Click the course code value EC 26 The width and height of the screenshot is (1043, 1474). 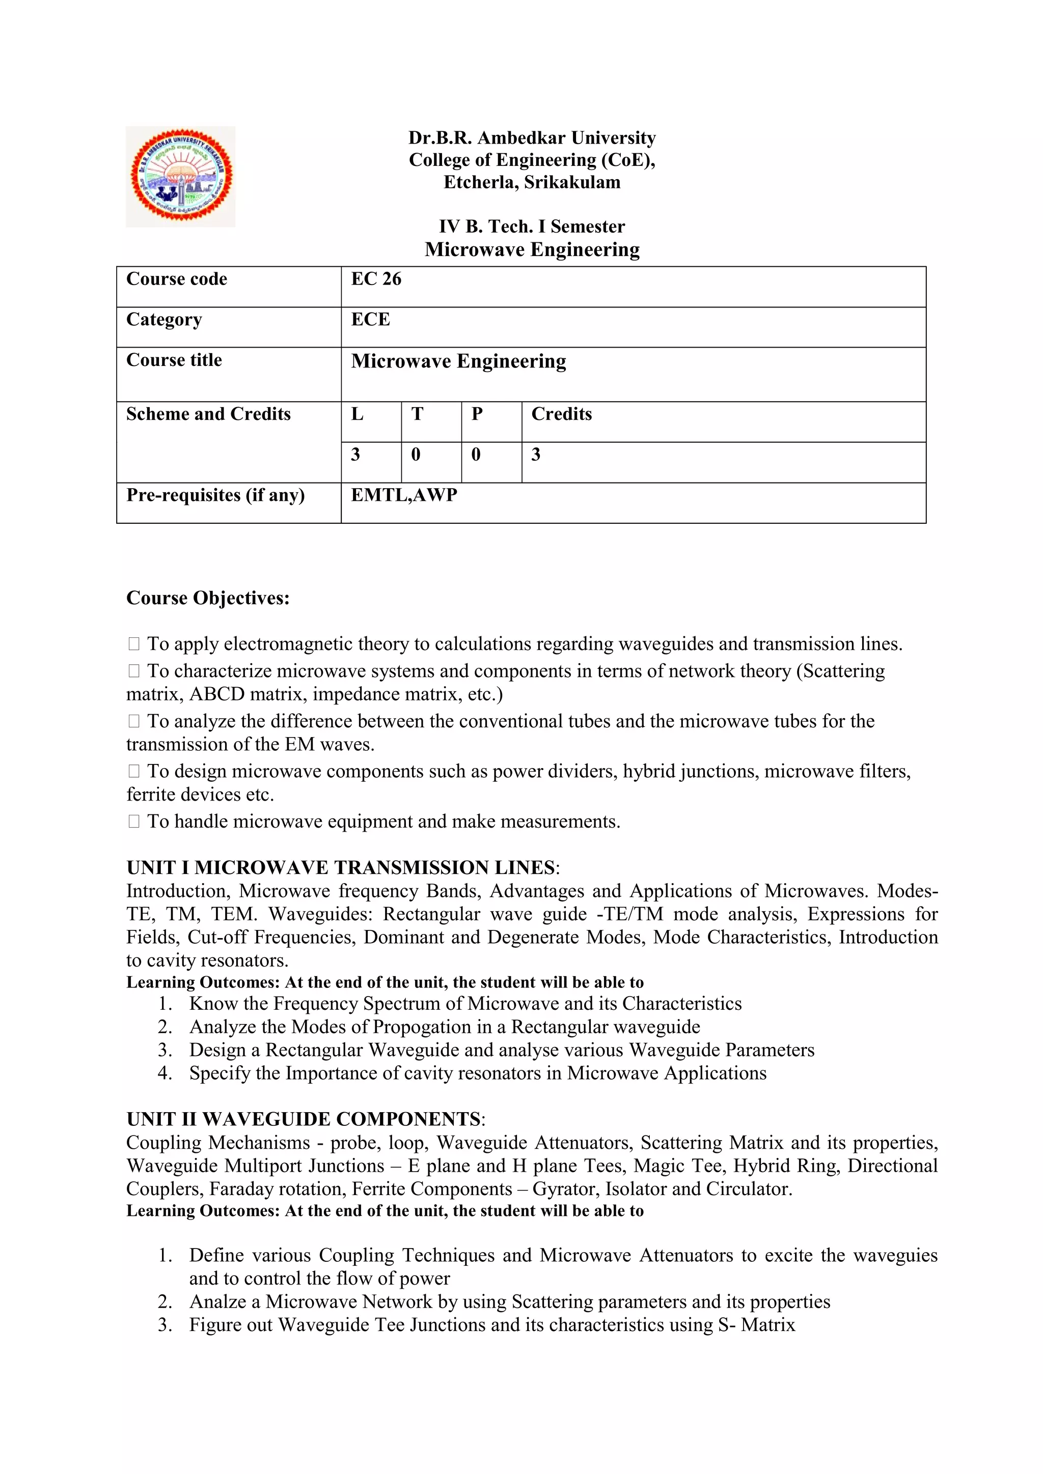click(376, 279)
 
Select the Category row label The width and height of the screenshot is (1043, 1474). click(164, 320)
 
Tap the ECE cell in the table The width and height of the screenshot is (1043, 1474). click(371, 320)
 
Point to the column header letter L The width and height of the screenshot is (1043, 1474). click(357, 414)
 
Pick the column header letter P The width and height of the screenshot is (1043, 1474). click(477, 414)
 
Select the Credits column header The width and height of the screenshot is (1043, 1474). click(561, 414)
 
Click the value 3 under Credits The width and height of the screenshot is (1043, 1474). click(536, 455)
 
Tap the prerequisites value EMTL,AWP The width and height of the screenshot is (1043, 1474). click(404, 495)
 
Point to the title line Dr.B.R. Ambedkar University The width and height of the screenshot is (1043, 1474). click(532, 138)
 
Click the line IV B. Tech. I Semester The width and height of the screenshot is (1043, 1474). click(532, 226)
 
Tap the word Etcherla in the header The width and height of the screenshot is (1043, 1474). click(480, 182)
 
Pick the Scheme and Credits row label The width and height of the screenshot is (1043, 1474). click(208, 414)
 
